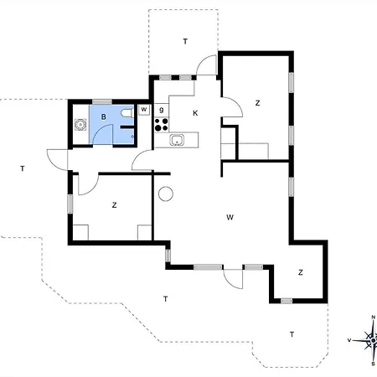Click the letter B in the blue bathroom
point(103,116)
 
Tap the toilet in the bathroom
point(127,113)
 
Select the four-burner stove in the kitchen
point(162,125)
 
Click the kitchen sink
point(177,140)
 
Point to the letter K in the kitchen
point(195,113)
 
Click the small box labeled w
point(144,110)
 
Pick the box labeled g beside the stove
point(162,110)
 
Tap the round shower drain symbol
point(80,124)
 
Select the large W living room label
point(230,217)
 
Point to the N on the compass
point(373,317)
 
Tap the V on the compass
point(349,340)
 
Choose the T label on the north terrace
point(185,42)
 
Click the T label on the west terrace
point(23,168)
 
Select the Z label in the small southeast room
point(301,272)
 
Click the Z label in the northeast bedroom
point(257,103)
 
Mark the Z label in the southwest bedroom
point(114,205)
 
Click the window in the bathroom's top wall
point(102,101)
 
